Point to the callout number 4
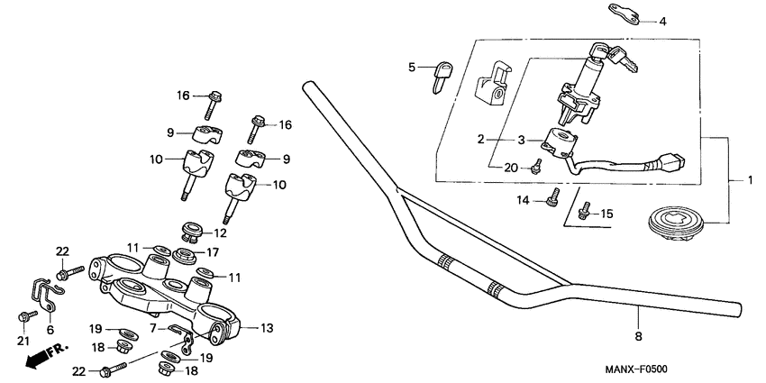[662, 21]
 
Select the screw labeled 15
[583, 212]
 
